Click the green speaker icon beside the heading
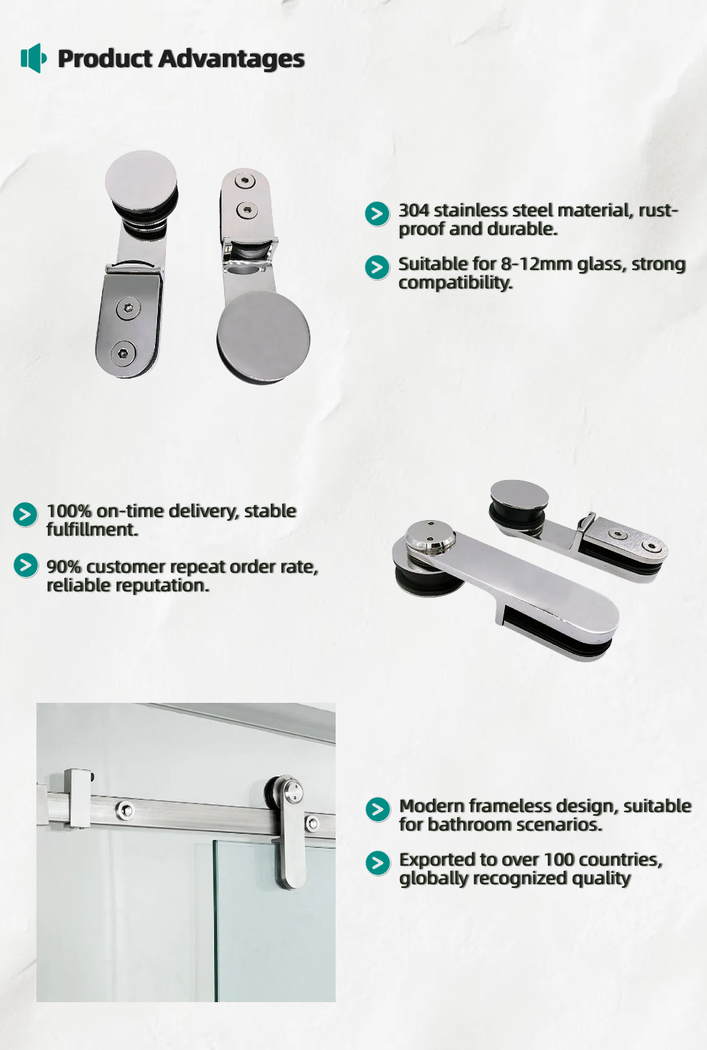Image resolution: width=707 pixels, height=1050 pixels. [34, 58]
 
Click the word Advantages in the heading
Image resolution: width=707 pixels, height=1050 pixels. [231, 59]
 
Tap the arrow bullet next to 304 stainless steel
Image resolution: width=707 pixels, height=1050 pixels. [377, 214]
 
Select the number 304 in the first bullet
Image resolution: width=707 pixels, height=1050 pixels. [414, 211]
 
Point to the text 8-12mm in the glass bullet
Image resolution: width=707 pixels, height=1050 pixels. [536, 264]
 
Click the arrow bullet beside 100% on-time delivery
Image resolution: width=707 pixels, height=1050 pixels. [25, 514]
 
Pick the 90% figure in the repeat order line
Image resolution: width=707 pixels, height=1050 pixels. [64, 567]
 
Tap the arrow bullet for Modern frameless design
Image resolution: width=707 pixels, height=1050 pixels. [378, 809]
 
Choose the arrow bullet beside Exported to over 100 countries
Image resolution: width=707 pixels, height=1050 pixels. [378, 863]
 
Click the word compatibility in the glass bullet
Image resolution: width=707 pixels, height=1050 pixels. [456, 283]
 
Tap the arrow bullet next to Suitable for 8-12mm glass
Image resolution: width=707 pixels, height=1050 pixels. [377, 267]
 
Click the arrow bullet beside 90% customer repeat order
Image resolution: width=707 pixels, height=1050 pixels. [25, 565]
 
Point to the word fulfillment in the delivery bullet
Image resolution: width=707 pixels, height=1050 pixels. [92, 530]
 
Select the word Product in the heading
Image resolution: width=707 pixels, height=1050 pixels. [105, 59]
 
